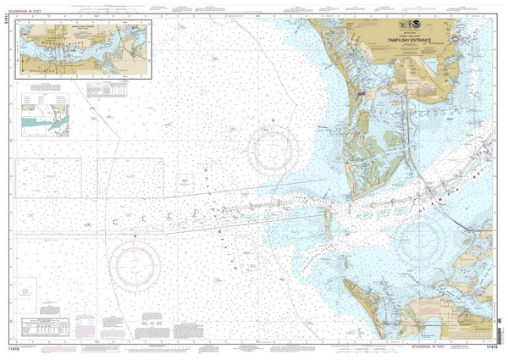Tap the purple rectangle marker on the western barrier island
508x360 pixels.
362,93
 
